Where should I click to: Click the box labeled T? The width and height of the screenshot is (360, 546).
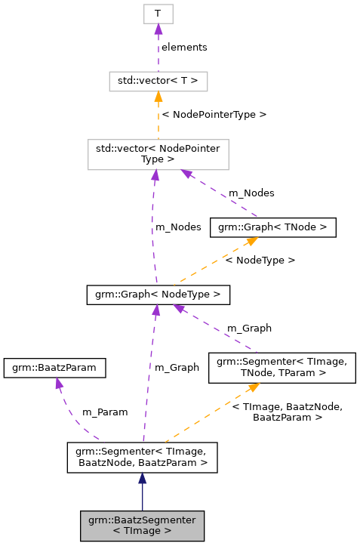(x=158, y=14)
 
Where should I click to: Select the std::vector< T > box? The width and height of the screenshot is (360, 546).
(x=158, y=81)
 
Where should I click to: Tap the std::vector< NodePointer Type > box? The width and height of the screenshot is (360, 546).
(x=158, y=154)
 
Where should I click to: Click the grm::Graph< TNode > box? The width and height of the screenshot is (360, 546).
(x=272, y=227)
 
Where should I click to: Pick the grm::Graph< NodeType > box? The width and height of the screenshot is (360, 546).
(x=158, y=294)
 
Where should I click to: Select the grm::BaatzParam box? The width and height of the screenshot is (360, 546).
(x=55, y=368)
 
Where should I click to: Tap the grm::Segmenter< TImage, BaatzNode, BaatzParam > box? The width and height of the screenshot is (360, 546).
(x=142, y=457)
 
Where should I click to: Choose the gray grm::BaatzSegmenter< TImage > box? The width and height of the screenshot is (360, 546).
(x=142, y=525)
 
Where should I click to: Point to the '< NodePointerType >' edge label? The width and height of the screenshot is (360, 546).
(x=214, y=115)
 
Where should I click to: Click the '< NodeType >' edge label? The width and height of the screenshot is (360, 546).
(x=260, y=260)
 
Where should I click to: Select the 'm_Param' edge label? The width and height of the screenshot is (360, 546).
(x=105, y=412)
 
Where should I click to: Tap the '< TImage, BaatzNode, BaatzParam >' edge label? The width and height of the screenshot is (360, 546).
(x=287, y=412)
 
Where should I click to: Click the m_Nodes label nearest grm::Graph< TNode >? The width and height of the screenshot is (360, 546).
(x=251, y=193)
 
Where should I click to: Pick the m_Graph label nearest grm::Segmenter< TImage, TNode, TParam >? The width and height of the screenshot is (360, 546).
(x=249, y=328)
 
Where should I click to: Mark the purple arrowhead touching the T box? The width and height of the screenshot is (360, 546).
(x=158, y=29)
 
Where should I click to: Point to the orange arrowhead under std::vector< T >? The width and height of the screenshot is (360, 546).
(x=158, y=97)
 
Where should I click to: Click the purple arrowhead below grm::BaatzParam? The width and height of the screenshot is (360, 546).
(x=57, y=384)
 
